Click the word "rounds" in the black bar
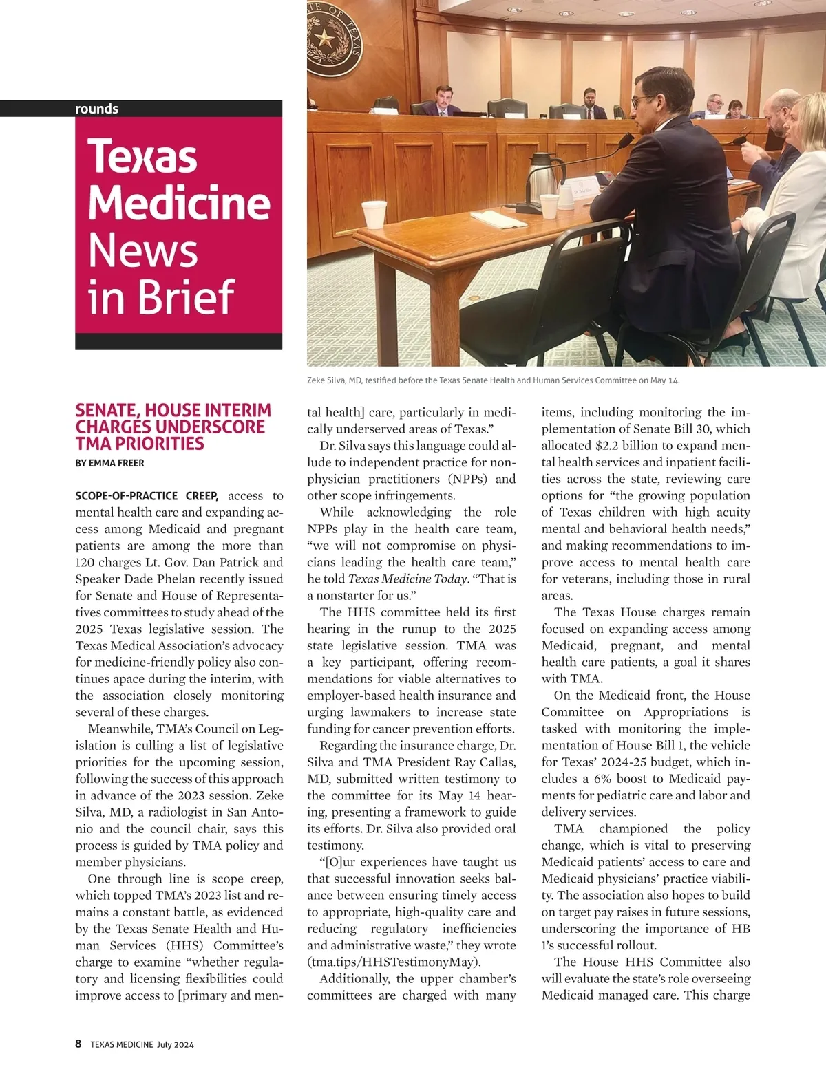point(96,109)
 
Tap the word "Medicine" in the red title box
point(179,203)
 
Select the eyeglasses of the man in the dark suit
point(642,101)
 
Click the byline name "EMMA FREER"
point(116,463)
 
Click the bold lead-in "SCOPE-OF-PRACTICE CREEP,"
point(147,495)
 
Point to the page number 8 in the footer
point(78,1044)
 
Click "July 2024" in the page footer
point(175,1044)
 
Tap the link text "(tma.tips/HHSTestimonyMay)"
point(394,962)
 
